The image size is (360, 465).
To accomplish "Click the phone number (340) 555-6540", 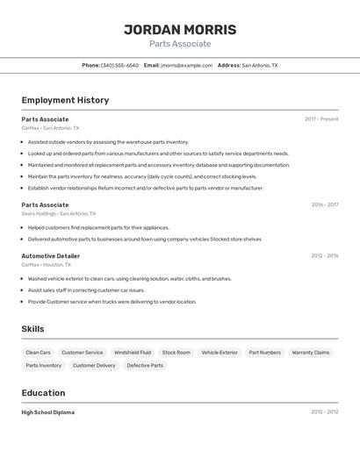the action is [x=119, y=65].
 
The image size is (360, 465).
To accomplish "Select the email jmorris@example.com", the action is [x=187, y=65].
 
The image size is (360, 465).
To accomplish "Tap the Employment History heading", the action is [x=65, y=100].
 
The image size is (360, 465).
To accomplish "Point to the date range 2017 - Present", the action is [x=321, y=118].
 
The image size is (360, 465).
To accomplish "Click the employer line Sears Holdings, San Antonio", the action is [x=59, y=213].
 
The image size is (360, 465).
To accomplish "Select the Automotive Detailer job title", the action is [x=51, y=255].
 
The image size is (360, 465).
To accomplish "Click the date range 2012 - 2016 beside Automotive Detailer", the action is [x=324, y=255].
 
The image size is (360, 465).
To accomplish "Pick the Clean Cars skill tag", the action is [x=38, y=352].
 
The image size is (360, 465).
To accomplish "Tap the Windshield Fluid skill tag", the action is [x=133, y=352].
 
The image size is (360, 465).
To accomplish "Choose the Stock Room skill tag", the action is [x=176, y=352].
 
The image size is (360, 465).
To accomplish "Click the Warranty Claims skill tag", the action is [x=311, y=352].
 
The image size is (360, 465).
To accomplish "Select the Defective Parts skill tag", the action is [x=145, y=365].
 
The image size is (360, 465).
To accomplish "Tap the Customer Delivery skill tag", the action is [x=94, y=365].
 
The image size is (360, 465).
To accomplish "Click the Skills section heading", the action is [x=33, y=329].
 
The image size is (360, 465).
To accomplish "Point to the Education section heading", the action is [x=43, y=393].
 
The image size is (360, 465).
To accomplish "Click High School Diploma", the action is [x=48, y=411].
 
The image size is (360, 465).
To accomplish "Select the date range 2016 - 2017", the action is [x=324, y=204].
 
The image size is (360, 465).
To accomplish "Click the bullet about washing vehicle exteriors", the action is [x=130, y=279].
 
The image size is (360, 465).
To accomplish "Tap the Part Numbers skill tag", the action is [x=264, y=352].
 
